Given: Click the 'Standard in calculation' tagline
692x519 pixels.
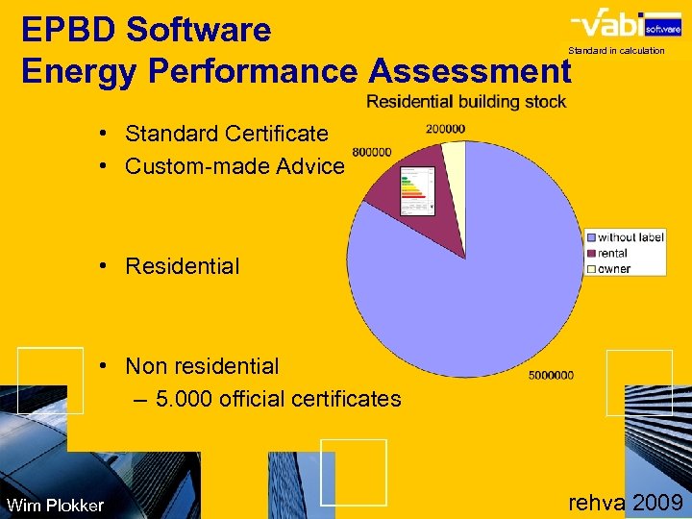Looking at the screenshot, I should point(616,50).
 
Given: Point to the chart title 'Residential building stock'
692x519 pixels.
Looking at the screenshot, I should point(466,102).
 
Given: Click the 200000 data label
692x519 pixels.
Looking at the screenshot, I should point(445,129).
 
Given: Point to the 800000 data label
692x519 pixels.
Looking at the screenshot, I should point(372,152).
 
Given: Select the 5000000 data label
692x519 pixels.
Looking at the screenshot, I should point(551,375).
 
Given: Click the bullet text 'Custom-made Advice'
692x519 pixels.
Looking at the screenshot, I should point(235,166).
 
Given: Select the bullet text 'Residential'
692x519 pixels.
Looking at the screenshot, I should point(183,266).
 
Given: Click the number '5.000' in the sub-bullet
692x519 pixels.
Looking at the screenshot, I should point(184,398).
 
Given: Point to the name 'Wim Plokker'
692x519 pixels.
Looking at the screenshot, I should point(55,506).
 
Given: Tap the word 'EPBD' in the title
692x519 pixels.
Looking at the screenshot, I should point(67,31).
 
